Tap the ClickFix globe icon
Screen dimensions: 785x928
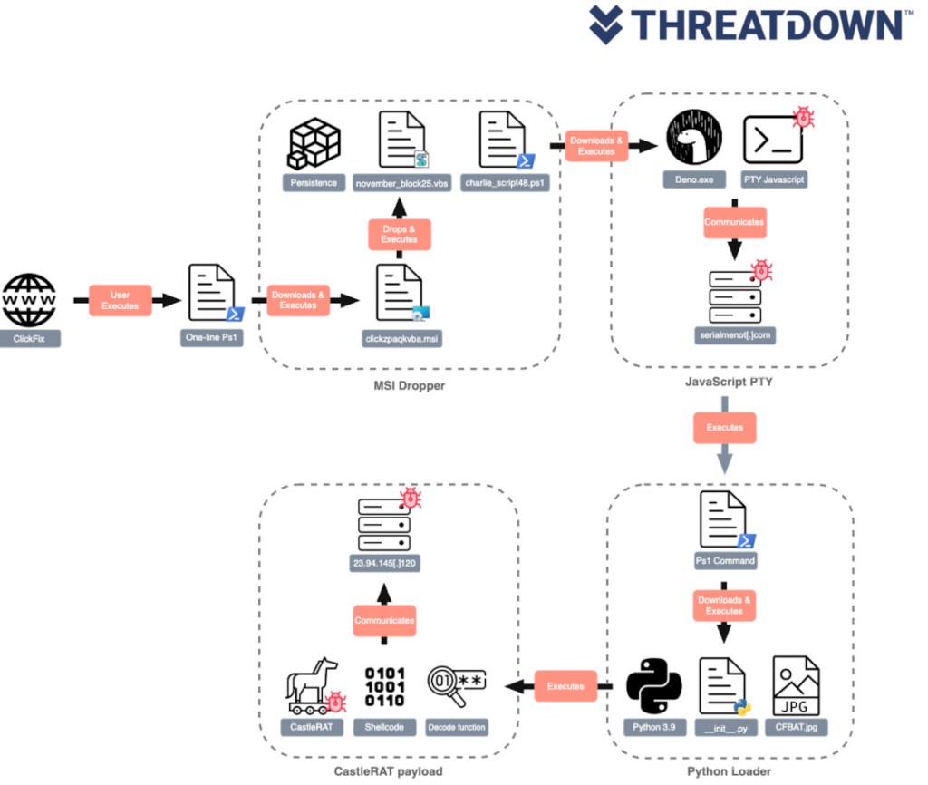tap(30, 300)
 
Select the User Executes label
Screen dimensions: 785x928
tap(120, 300)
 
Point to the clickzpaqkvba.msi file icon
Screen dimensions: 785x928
tap(398, 292)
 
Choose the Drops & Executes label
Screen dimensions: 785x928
tap(398, 234)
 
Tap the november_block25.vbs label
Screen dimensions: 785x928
tap(403, 183)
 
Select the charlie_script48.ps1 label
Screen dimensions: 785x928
tap(506, 183)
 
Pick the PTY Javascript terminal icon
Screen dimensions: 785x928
tap(773, 140)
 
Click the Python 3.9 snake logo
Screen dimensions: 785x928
tap(652, 686)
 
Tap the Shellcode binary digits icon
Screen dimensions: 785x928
tap(384, 688)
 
